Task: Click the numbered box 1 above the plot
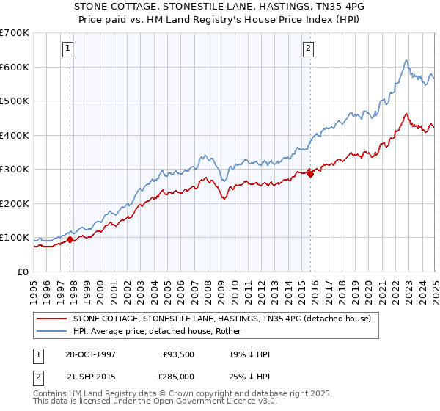67,49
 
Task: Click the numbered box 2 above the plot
308,49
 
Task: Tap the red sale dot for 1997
70,239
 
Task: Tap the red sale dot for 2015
310,174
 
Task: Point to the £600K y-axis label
15,67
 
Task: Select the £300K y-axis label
15,169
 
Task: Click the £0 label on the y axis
23,272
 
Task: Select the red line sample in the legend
52,319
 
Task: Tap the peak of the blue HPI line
406,60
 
